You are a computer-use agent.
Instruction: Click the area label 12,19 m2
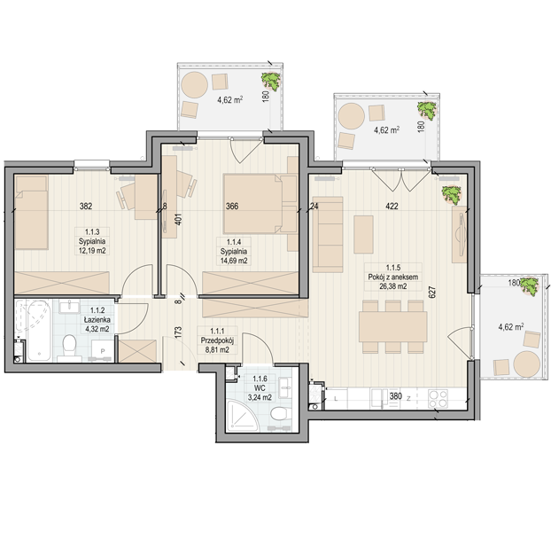[x=92, y=251]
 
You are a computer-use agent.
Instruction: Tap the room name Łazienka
[x=97, y=320]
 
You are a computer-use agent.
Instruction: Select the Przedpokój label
[x=217, y=340]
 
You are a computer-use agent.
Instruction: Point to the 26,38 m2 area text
[x=393, y=286]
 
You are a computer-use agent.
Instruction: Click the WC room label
[x=260, y=388]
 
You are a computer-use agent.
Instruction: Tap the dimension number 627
[x=432, y=292]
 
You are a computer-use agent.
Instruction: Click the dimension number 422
[x=392, y=206]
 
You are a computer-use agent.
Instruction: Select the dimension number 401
[x=178, y=220]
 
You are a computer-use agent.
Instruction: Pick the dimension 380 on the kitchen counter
[x=395, y=396]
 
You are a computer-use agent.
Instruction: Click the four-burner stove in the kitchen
[x=438, y=399]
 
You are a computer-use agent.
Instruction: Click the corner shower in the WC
[x=242, y=416]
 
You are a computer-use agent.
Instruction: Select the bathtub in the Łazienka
[x=35, y=330]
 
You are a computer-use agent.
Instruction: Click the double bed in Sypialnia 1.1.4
[x=260, y=204]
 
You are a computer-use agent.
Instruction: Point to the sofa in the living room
[x=328, y=234]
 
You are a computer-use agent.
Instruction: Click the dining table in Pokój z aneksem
[x=393, y=326]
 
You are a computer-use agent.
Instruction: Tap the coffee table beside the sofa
[x=363, y=234]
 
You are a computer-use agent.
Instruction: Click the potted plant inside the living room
[x=452, y=195]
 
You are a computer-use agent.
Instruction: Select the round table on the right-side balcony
[x=526, y=364]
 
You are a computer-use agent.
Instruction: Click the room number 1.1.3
[x=92, y=231]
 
